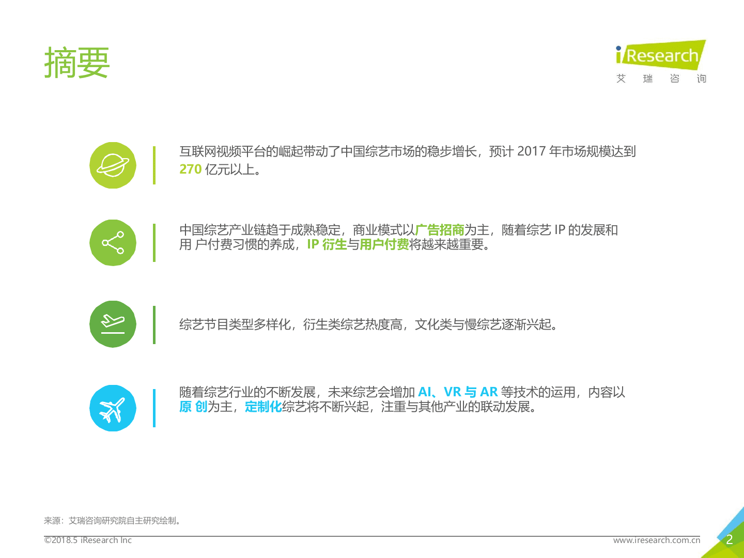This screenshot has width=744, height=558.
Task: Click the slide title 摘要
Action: coord(77,63)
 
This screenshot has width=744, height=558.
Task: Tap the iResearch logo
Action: coord(660,55)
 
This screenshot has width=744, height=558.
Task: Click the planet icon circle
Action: coord(113,165)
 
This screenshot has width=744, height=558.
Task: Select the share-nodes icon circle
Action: coord(113,243)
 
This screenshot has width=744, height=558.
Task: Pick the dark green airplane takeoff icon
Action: coord(113,324)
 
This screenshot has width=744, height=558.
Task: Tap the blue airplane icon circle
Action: coord(113,408)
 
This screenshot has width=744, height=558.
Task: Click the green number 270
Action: coord(190,169)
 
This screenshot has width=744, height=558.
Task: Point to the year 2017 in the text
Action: coord(531,151)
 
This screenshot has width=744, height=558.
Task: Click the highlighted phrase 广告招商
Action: coord(440,230)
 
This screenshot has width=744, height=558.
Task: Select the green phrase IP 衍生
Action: coord(327,244)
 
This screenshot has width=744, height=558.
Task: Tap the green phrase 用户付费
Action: coord(384,244)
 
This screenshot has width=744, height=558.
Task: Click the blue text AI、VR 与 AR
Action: coord(457,392)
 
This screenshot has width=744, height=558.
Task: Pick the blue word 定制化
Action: coord(263,407)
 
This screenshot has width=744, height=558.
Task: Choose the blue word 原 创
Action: coord(193,407)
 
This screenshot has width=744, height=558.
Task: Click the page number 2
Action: coord(730,540)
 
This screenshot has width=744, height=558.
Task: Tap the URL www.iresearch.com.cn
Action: coord(656,540)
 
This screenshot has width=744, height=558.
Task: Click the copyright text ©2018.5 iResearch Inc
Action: coord(88,540)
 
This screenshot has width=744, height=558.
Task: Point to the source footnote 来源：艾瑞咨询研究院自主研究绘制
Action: coord(113,521)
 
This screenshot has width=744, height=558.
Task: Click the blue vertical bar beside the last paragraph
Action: coord(154,408)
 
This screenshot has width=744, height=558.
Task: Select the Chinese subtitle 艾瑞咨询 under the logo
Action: coord(661,79)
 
